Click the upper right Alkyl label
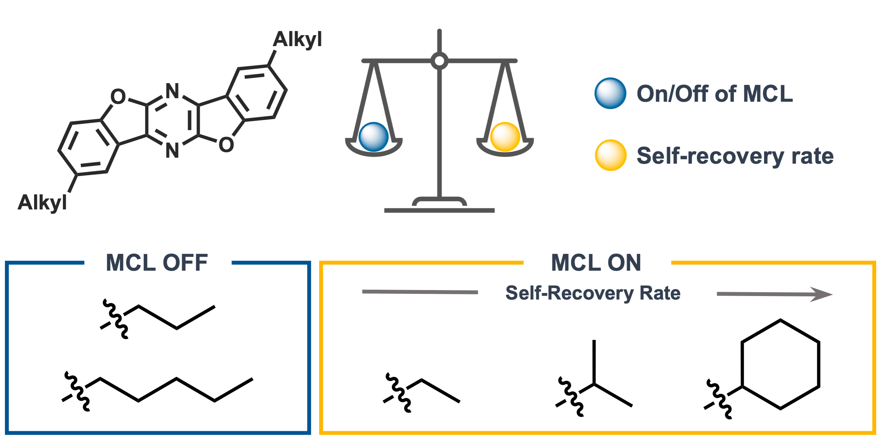click(x=297, y=39)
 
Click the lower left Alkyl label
click(x=42, y=202)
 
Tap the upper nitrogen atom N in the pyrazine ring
click(x=172, y=91)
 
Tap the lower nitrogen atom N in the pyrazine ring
click(x=172, y=151)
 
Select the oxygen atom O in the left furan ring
click(x=118, y=96)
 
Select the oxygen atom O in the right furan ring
click(x=226, y=145)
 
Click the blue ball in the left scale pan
click(x=373, y=137)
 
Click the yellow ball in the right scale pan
click(x=505, y=137)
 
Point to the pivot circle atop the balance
click(x=439, y=61)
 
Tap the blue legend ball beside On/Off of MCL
click(x=610, y=93)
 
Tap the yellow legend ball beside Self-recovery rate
click(x=610, y=155)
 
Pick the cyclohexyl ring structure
click(x=780, y=364)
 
